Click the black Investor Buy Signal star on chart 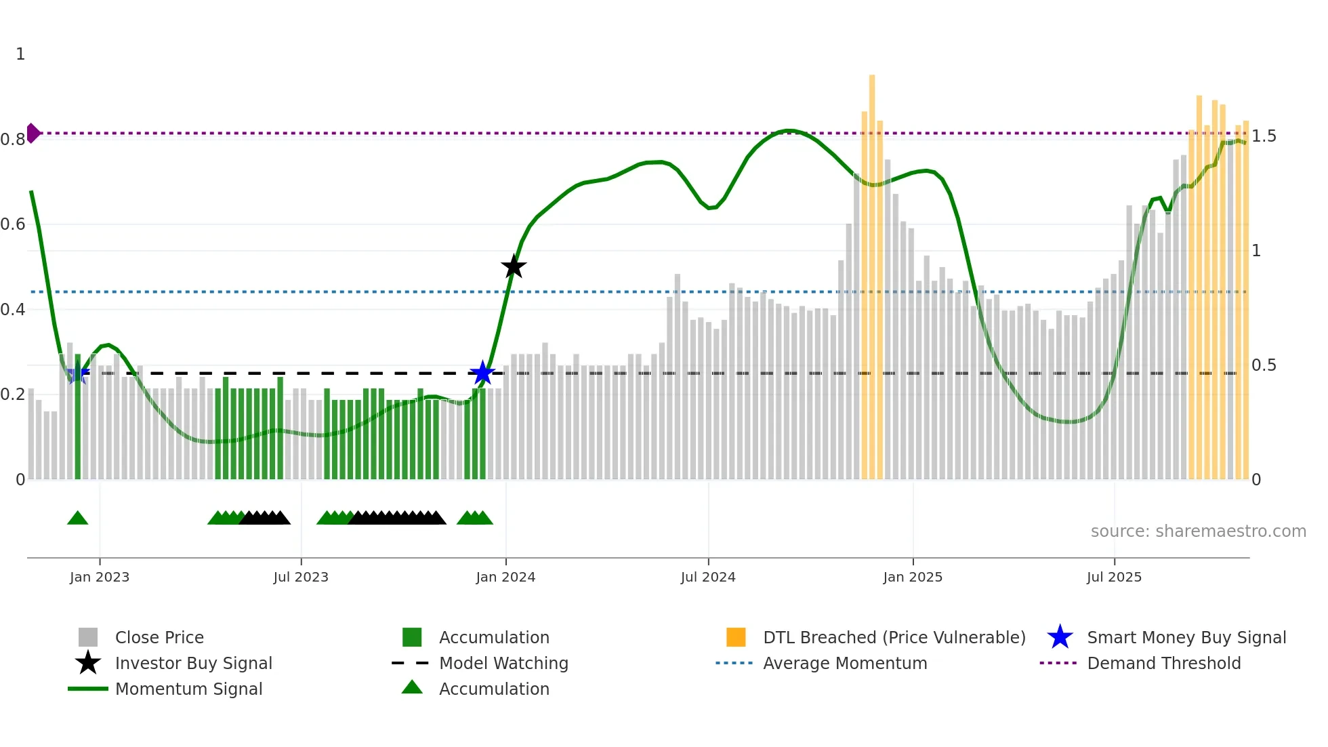pyautogui.click(x=514, y=267)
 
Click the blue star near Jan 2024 pyautogui.click(x=482, y=373)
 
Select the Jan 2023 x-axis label pyautogui.click(x=100, y=577)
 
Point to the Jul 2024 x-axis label pyautogui.click(x=708, y=577)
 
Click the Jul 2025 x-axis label pyautogui.click(x=1114, y=577)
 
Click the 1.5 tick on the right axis pyautogui.click(x=1264, y=136)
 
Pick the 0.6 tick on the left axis pyautogui.click(x=14, y=224)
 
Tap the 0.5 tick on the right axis pyautogui.click(x=1264, y=365)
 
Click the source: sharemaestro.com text pyautogui.click(x=1198, y=531)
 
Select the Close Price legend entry pyautogui.click(x=159, y=637)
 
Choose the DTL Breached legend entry pyautogui.click(x=894, y=637)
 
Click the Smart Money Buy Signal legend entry pyautogui.click(x=1186, y=637)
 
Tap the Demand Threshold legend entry pyautogui.click(x=1163, y=663)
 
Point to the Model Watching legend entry pyautogui.click(x=503, y=663)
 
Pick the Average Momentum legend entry pyautogui.click(x=844, y=663)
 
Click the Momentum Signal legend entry pyautogui.click(x=188, y=689)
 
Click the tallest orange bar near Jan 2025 pyautogui.click(x=872, y=271)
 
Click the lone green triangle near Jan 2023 pyautogui.click(x=78, y=519)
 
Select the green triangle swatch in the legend pyautogui.click(x=412, y=688)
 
